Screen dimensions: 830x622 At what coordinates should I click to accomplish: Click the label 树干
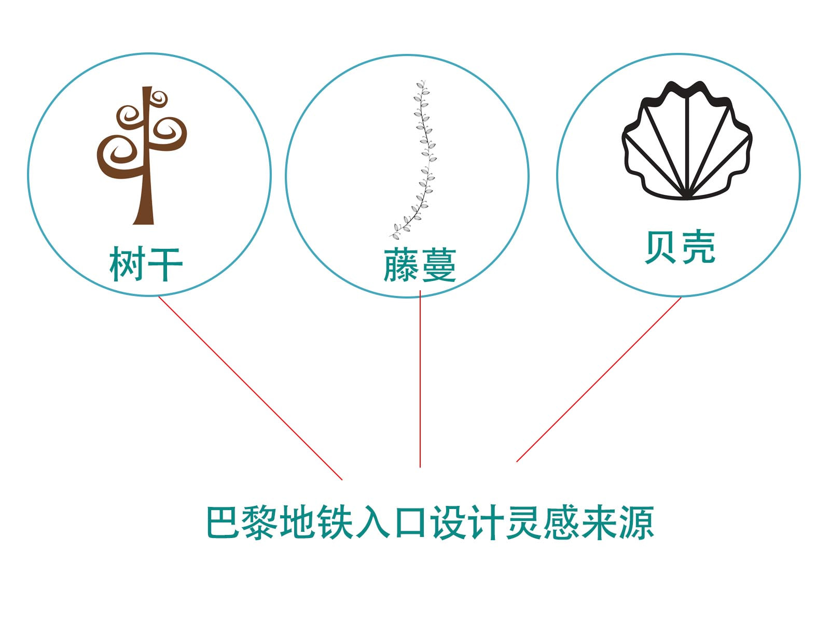pyautogui.click(x=146, y=264)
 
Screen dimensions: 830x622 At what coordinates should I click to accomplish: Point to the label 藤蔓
pyautogui.click(x=420, y=265)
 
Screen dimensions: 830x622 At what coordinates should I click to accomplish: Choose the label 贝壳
pyautogui.click(x=680, y=247)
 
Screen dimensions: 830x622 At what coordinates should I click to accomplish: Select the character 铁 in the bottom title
pyautogui.click(x=335, y=522)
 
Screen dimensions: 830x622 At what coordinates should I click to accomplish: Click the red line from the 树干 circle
pyautogui.click(x=251, y=388)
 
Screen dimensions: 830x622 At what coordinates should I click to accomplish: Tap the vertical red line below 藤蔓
pyautogui.click(x=420, y=379)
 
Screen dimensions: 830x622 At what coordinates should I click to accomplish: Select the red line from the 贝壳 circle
pyautogui.click(x=599, y=379)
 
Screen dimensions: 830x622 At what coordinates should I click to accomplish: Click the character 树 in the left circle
pyautogui.click(x=127, y=264)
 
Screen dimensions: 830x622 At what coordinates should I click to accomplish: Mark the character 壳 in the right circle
pyautogui.click(x=698, y=247)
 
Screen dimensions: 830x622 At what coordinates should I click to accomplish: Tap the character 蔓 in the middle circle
pyautogui.click(x=439, y=265)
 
